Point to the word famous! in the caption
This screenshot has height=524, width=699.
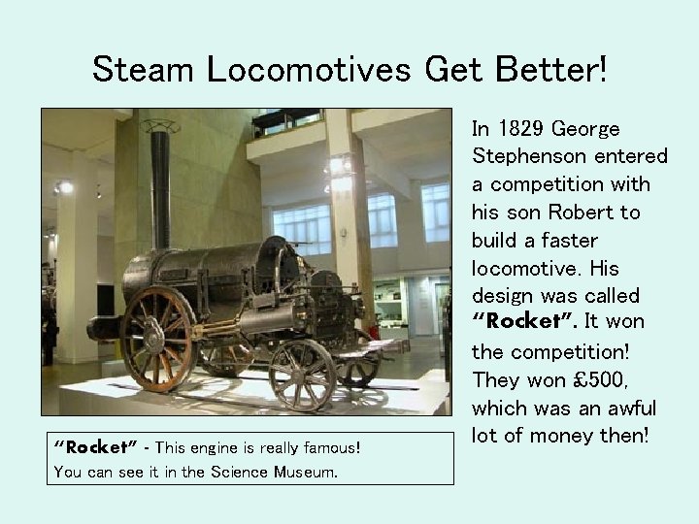[x=328, y=447]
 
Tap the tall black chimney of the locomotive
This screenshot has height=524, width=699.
[x=160, y=194]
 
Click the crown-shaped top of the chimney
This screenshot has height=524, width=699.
[x=160, y=126]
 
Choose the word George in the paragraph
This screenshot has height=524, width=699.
[x=586, y=128]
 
